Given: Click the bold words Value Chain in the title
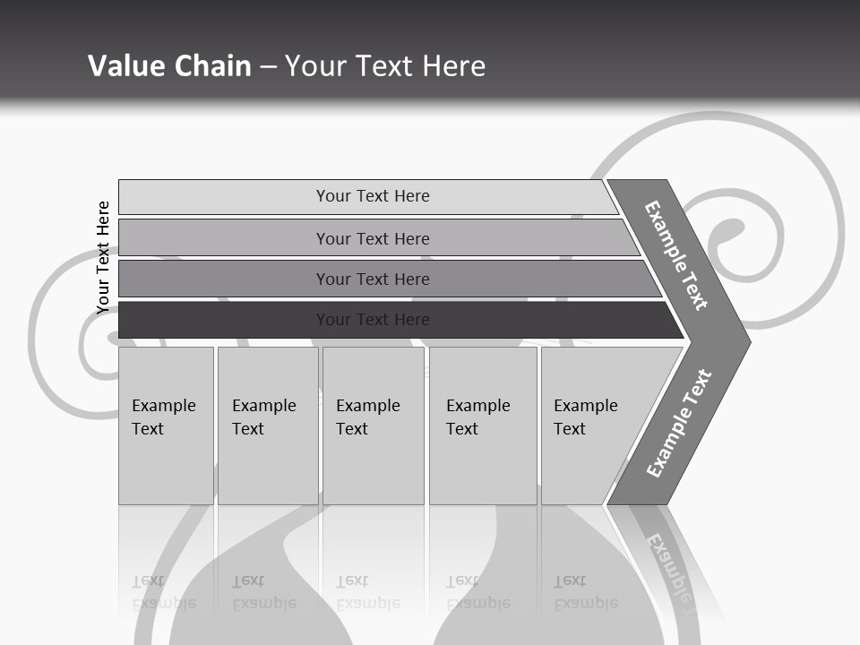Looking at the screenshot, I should [169, 65].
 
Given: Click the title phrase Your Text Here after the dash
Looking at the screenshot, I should [385, 65].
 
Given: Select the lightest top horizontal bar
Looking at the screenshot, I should [224, 197].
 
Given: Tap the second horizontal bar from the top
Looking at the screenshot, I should [224, 238].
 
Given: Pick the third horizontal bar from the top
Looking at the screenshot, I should [224, 279].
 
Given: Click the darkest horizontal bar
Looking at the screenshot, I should [224, 320].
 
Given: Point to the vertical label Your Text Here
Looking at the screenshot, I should [103, 258].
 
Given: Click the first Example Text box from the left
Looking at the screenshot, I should [166, 426].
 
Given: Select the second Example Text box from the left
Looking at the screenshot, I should [268, 426].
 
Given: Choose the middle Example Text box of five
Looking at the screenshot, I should [373, 426].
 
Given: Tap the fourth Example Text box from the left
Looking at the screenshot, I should [483, 426].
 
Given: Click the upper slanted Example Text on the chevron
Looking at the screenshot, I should [676, 255].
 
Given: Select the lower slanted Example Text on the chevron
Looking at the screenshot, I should [679, 423].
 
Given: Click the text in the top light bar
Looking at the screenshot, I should [373, 196].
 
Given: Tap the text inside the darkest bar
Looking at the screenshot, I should [373, 320].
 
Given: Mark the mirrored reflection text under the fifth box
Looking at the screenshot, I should [585, 592].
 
